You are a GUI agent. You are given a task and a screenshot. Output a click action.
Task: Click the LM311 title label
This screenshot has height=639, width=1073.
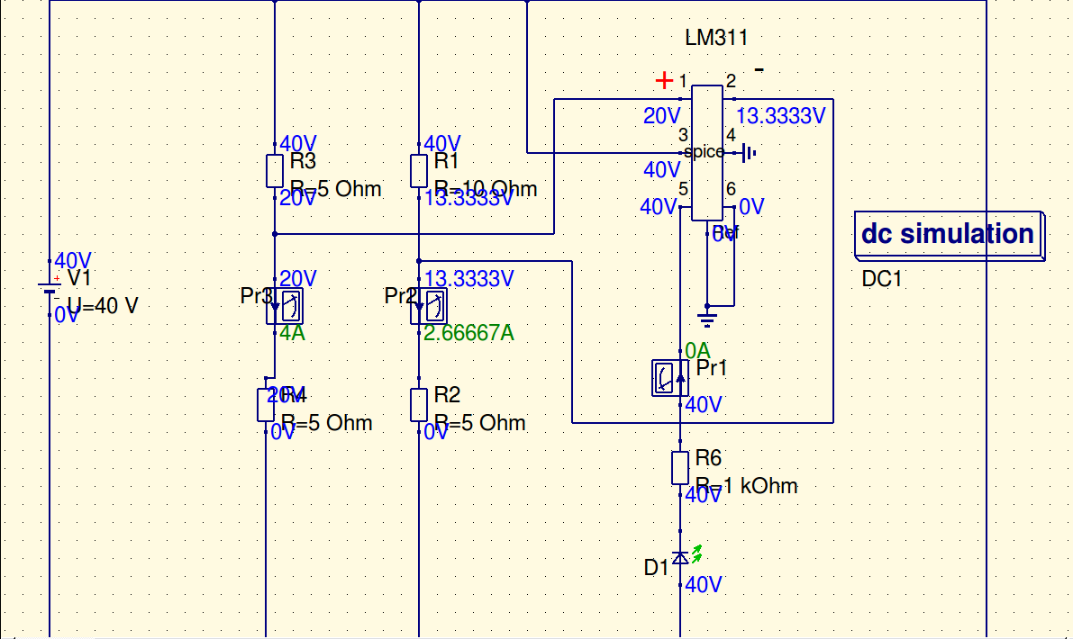tap(716, 38)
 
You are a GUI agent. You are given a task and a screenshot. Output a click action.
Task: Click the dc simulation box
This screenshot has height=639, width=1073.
tap(948, 234)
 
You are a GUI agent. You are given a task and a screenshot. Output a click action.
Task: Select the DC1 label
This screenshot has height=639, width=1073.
tap(881, 279)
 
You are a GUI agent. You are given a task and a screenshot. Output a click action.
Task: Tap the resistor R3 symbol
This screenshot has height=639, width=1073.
tap(275, 170)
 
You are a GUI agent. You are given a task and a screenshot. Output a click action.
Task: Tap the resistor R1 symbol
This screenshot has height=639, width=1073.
tap(419, 170)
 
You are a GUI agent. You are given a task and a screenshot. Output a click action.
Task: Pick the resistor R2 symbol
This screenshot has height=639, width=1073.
tap(419, 404)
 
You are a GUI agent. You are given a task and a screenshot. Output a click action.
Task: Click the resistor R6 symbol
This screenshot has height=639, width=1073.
tap(680, 468)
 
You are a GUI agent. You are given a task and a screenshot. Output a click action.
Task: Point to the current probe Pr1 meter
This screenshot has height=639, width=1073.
tap(669, 377)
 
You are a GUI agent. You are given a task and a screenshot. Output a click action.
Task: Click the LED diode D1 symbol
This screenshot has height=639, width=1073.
tap(681, 558)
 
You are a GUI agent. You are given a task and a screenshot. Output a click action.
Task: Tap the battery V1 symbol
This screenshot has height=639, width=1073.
tap(50, 288)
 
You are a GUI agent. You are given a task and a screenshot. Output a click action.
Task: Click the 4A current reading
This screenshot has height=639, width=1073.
tap(292, 333)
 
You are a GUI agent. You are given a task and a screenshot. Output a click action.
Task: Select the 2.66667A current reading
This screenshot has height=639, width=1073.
tap(468, 333)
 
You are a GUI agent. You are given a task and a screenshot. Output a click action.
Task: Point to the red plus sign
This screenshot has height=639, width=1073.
tap(665, 80)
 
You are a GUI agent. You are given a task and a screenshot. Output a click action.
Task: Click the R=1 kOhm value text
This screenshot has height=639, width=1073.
tap(746, 486)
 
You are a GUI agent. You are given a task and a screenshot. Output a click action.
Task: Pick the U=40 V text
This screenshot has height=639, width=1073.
tap(103, 306)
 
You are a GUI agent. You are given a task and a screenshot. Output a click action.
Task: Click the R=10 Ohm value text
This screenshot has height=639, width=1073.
tap(486, 189)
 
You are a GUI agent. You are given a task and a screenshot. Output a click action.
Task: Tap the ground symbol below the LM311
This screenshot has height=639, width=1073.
tap(707, 316)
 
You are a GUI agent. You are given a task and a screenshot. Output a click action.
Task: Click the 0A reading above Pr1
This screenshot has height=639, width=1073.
tap(697, 350)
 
